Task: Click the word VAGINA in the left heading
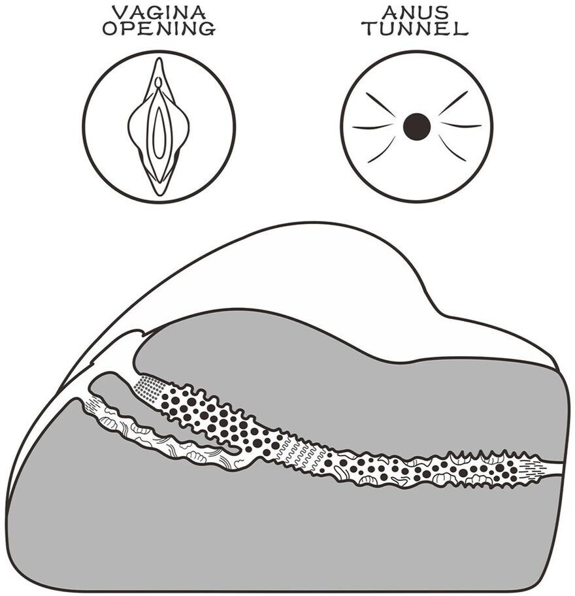(x=159, y=11)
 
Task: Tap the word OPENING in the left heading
(x=159, y=29)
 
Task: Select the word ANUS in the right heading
(x=416, y=11)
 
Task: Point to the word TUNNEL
(x=416, y=29)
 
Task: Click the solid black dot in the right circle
(x=417, y=126)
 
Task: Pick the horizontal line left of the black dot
(x=373, y=126)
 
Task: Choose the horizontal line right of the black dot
(x=460, y=125)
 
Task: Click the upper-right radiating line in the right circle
(x=453, y=103)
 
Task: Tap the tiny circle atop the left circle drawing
(x=157, y=83)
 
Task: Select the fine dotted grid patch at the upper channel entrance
(x=148, y=390)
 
